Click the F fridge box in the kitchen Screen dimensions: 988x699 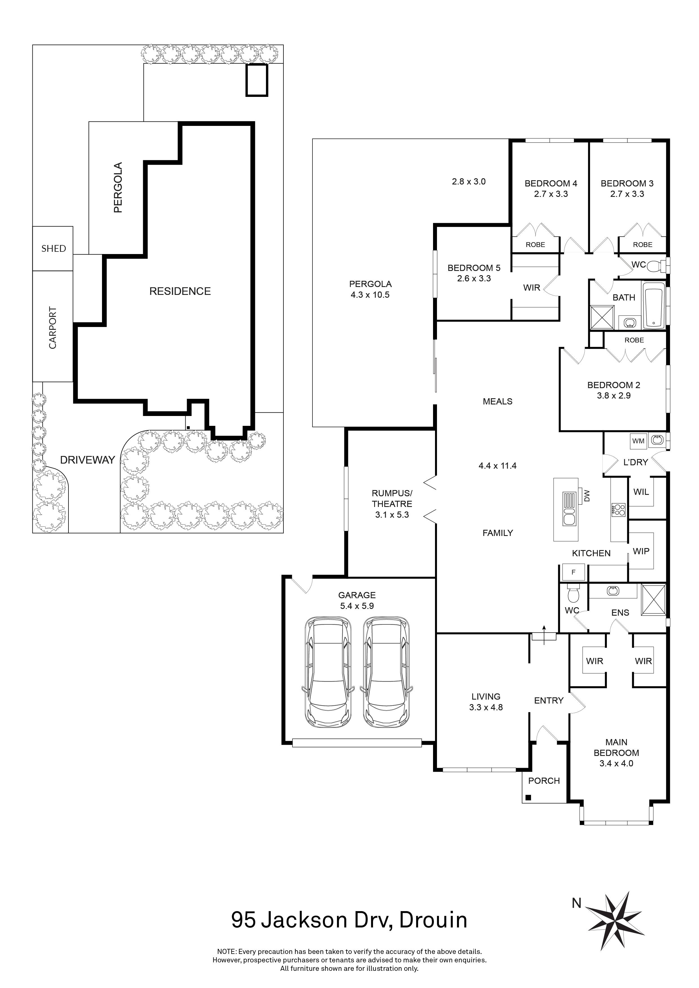tap(573, 572)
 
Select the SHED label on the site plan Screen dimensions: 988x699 tap(53, 249)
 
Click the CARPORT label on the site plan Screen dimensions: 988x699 tap(52, 328)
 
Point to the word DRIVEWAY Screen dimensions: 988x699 tap(87, 460)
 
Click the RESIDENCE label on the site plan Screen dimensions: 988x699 tap(180, 291)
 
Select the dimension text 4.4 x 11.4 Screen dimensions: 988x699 tap(497, 466)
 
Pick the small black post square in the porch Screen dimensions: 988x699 tap(528, 797)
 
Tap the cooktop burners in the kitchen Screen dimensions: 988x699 tap(618, 510)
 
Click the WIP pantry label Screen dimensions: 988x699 tap(641, 551)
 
